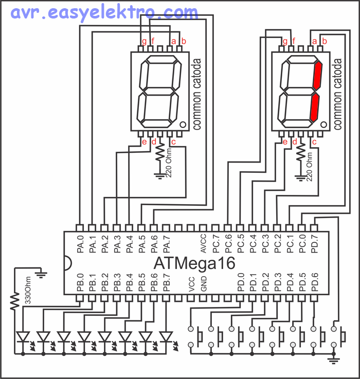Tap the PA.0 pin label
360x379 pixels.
(x=80, y=244)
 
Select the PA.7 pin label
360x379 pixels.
(x=166, y=244)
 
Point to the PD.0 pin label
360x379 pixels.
(x=241, y=283)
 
